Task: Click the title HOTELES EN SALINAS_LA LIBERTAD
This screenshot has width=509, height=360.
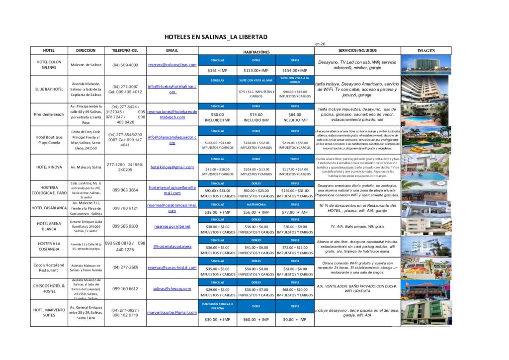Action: [216, 37]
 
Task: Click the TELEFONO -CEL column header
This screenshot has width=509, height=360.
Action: [125, 51]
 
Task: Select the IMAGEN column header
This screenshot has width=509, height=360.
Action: [426, 51]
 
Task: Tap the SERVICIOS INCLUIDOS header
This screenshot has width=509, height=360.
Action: [357, 51]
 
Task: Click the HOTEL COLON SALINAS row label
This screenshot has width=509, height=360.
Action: [49, 65]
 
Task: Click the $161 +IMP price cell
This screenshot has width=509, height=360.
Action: [217, 71]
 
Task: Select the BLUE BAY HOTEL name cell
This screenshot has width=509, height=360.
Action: [49, 90]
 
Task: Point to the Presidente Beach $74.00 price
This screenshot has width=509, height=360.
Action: [256, 117]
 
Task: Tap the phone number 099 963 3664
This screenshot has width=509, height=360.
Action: [125, 190]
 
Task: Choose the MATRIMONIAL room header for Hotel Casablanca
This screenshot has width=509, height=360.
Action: [256, 204]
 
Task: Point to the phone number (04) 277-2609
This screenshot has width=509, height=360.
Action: [125, 268]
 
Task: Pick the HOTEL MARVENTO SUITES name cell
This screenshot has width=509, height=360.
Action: [49, 313]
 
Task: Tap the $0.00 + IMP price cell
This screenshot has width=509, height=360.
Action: [295, 320]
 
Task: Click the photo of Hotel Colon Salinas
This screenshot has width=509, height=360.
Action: [426, 65]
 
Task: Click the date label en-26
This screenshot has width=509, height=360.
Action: [320, 44]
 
